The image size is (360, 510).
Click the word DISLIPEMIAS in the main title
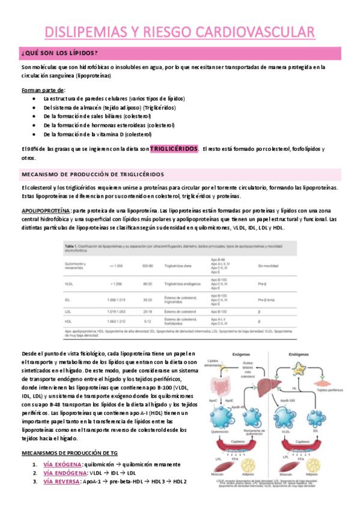[x=88, y=32]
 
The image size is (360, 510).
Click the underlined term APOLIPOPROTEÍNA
[x=45, y=211]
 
